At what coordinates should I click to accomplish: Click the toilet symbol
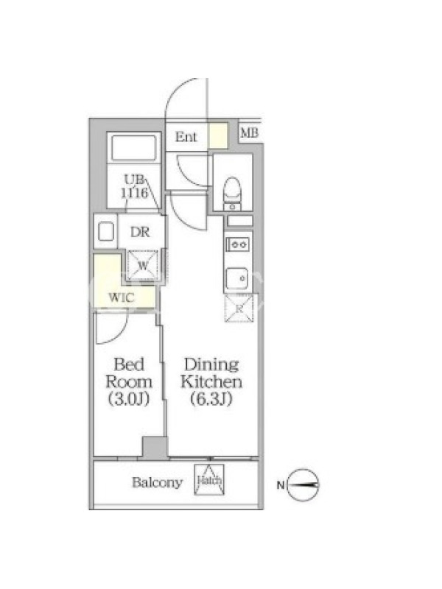click(x=232, y=193)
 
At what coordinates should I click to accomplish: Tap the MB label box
click(x=250, y=133)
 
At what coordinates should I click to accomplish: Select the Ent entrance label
click(x=186, y=137)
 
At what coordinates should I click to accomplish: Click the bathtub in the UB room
click(x=134, y=148)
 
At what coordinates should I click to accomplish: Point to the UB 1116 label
click(x=134, y=186)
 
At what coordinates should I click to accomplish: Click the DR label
click(x=140, y=232)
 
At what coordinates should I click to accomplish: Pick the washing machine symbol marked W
click(x=142, y=266)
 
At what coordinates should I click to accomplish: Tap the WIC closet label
click(x=121, y=298)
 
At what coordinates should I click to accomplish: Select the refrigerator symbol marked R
click(x=239, y=308)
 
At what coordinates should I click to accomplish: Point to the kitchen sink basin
click(x=236, y=278)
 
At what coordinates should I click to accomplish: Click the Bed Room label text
click(x=129, y=381)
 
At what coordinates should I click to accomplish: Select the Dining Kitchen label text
click(x=211, y=381)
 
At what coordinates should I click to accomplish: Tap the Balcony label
click(x=157, y=482)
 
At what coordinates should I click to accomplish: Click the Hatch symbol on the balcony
click(x=209, y=480)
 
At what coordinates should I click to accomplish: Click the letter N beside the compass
click(x=281, y=485)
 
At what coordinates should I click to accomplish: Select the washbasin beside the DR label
click(x=105, y=232)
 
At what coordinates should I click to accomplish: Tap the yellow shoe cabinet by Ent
click(x=218, y=135)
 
